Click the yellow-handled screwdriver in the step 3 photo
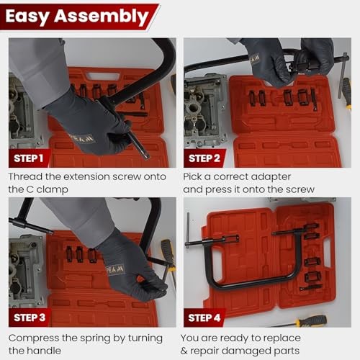[x=168, y=256]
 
